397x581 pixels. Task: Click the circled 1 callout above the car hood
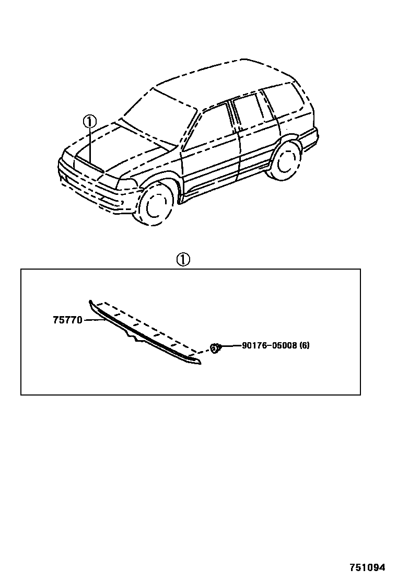(x=89, y=122)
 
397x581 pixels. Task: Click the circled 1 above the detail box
(x=183, y=260)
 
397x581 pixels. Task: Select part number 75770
(x=67, y=320)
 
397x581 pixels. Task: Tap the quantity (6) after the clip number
(x=305, y=345)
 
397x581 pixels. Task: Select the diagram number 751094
(x=367, y=567)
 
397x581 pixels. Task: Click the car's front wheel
(x=155, y=205)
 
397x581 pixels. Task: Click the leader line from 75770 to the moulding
(x=94, y=320)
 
